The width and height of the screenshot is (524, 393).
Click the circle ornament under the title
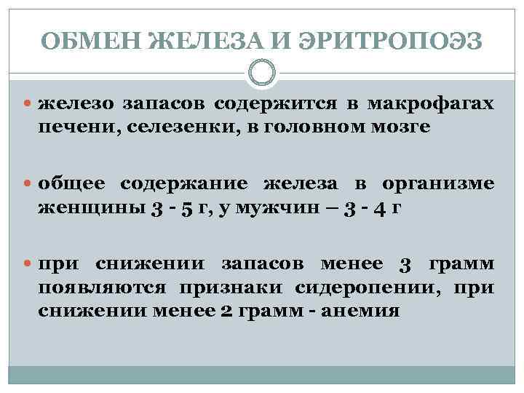click(262, 72)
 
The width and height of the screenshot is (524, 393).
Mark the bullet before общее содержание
click(29, 183)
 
